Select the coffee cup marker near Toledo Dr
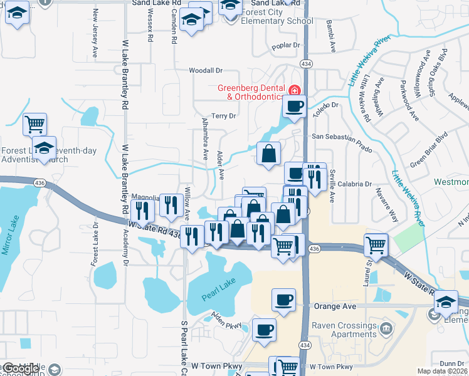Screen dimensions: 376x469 294,106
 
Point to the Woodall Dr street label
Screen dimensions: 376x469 206,71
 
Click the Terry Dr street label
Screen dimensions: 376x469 223,116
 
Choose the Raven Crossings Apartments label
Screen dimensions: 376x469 345,330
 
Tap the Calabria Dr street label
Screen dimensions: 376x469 355,184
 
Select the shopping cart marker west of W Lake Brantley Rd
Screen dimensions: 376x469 34,123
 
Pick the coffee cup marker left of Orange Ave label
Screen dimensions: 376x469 283,299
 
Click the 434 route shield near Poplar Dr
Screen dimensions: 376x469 305,64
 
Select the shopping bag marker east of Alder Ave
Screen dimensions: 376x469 268,154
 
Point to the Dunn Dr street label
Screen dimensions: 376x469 451,363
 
